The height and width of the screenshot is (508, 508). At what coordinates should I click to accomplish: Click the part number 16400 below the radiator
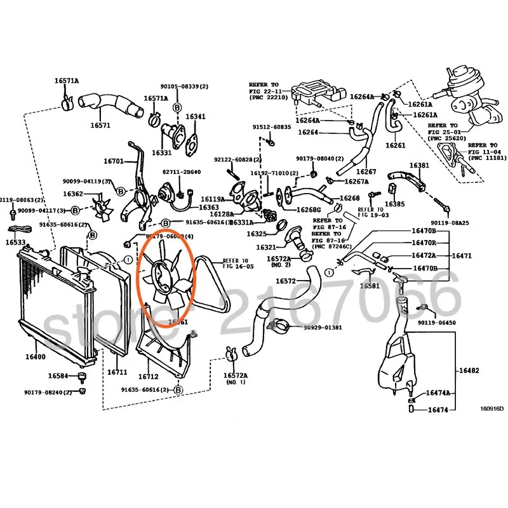(36, 356)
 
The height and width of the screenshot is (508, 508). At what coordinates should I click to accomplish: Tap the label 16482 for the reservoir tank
(471, 370)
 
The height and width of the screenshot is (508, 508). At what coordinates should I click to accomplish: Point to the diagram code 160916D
(491, 408)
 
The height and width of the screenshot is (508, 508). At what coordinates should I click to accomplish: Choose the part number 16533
(17, 242)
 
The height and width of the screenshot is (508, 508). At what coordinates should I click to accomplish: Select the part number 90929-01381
(321, 328)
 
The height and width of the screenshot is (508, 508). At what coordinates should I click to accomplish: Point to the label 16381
(419, 166)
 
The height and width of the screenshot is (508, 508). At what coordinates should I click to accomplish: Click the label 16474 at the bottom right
(438, 410)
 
